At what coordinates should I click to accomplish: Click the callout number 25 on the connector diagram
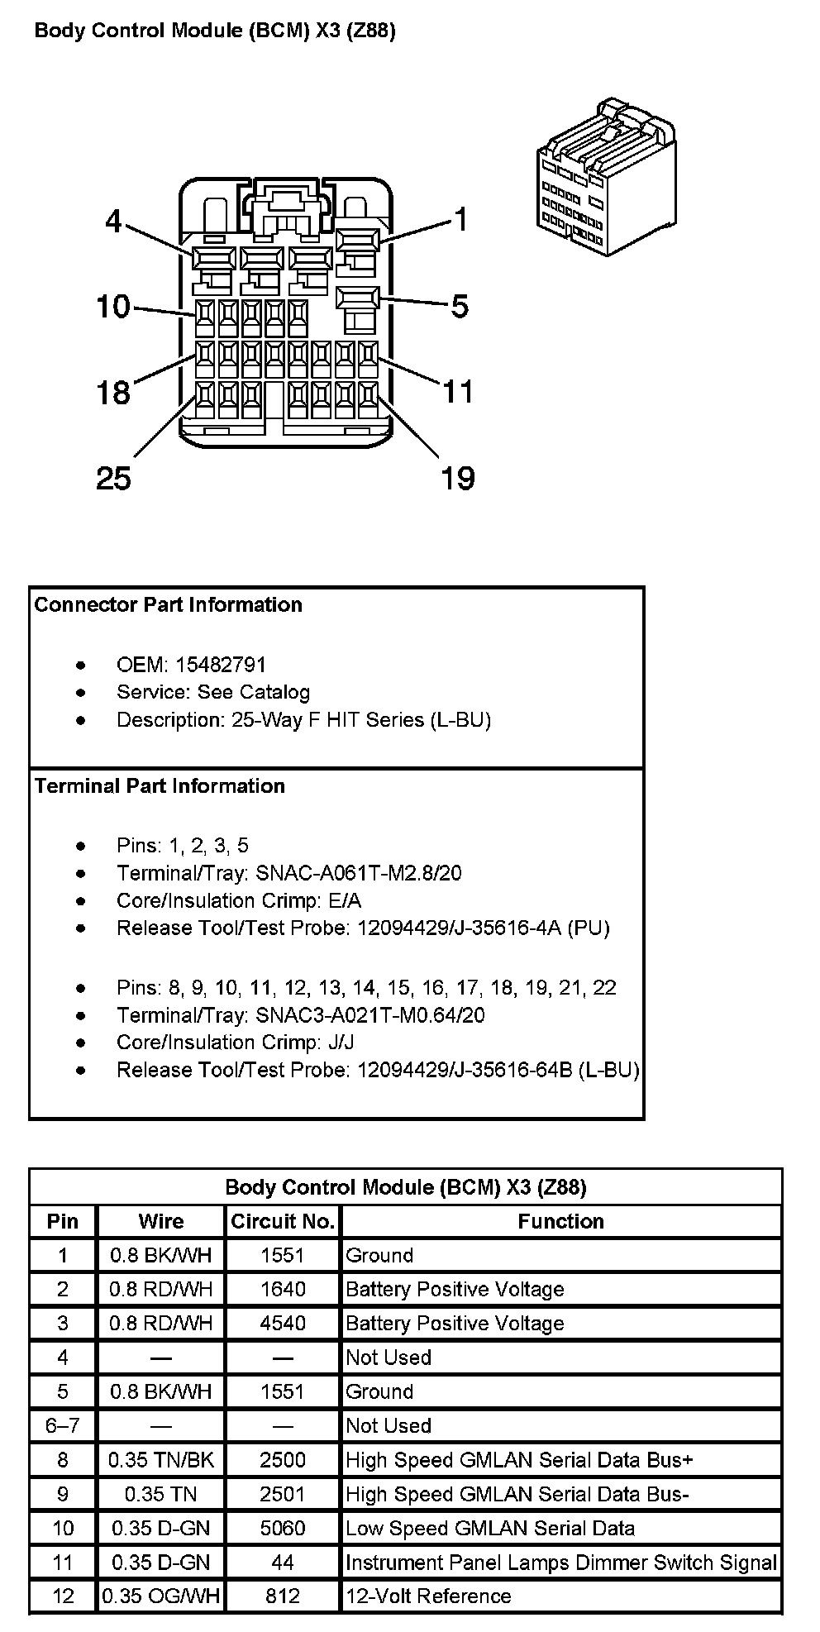point(113,478)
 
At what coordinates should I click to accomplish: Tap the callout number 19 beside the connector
point(458,478)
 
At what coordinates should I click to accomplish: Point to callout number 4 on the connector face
point(113,222)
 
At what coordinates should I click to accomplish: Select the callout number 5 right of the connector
point(460,307)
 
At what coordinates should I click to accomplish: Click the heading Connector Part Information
point(168,605)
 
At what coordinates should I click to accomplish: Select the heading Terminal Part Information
point(160,786)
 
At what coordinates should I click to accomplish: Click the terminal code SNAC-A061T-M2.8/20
point(358,873)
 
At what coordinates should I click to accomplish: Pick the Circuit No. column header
point(283,1222)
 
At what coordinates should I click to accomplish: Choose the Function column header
point(560,1222)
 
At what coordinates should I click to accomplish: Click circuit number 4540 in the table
point(283,1324)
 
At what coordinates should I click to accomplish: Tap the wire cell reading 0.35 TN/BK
point(161,1460)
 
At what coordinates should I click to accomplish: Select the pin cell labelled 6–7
point(63,1426)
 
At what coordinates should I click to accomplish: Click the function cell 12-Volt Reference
point(428,1596)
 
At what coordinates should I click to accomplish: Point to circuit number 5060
point(283,1528)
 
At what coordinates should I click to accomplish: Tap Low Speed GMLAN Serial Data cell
point(489,1528)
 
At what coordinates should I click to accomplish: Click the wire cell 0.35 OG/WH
point(161,1596)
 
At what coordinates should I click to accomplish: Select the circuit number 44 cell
point(283,1563)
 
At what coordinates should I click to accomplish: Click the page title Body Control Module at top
point(215,31)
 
